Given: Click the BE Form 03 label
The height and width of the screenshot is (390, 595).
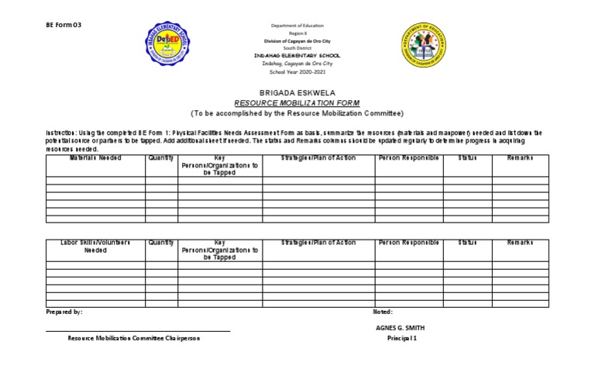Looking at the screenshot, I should pyautogui.click(x=64, y=25).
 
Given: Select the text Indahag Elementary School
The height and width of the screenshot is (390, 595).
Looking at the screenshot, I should pyautogui.click(x=297, y=56).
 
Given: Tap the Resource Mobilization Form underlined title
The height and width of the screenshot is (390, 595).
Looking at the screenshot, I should pyautogui.click(x=297, y=102).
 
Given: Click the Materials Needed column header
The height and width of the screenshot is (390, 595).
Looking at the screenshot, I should pyautogui.click(x=95, y=158).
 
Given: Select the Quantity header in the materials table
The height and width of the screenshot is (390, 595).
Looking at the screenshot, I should pyautogui.click(x=161, y=158).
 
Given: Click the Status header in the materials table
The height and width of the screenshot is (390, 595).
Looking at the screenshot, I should pyautogui.click(x=467, y=158).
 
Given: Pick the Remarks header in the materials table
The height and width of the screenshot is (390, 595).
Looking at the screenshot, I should pyautogui.click(x=520, y=158).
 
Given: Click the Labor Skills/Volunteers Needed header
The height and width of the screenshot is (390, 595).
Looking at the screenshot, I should pyautogui.click(x=95, y=247).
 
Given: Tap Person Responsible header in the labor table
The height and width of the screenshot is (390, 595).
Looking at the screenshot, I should pyautogui.click(x=408, y=243).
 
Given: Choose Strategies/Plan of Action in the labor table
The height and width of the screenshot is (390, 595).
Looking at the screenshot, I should pyautogui.click(x=318, y=243).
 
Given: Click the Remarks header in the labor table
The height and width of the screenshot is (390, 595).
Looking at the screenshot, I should pyautogui.click(x=520, y=243).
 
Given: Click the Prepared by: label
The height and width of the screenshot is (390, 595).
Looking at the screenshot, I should pyautogui.click(x=64, y=311).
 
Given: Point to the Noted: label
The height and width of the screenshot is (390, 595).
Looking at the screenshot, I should pyautogui.click(x=383, y=311).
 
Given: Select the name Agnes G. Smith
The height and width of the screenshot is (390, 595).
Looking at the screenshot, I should pyautogui.click(x=399, y=328).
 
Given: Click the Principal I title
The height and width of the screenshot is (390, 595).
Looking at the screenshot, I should pyautogui.click(x=402, y=339).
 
